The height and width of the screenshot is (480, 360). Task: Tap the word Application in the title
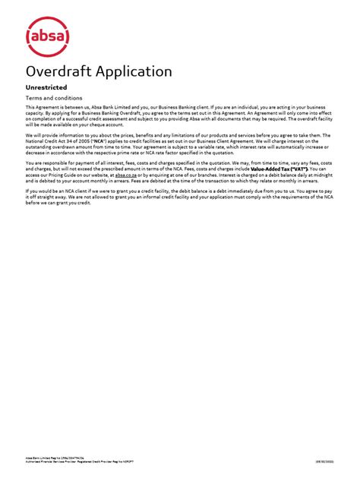[x=137, y=71]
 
